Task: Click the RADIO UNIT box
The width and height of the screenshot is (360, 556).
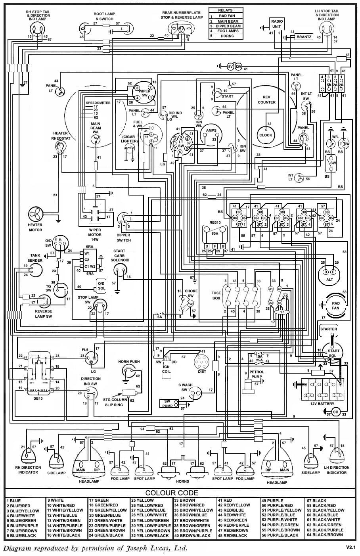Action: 277,24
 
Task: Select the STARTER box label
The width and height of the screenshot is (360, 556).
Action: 329,329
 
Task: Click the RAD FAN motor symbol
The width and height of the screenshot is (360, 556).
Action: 335,305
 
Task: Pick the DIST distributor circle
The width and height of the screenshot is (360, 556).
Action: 202,362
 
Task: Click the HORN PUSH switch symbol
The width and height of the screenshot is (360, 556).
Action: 129,372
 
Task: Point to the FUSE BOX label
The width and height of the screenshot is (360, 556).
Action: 216,295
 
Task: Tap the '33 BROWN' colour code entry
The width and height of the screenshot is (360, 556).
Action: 185,500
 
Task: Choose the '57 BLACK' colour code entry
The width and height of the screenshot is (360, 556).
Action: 317,500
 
